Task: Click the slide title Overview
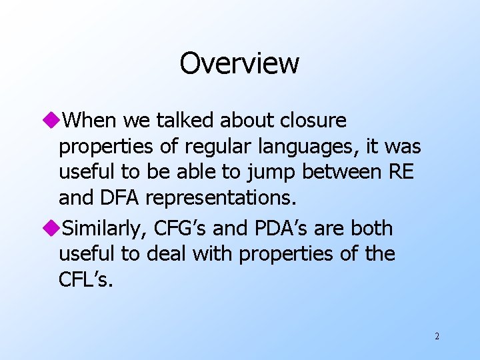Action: point(239,64)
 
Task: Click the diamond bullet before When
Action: point(54,121)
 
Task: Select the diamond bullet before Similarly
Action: point(54,229)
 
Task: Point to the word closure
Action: point(314,121)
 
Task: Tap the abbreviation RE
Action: point(400,172)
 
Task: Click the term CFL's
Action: point(86,280)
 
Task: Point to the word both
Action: point(372,229)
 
